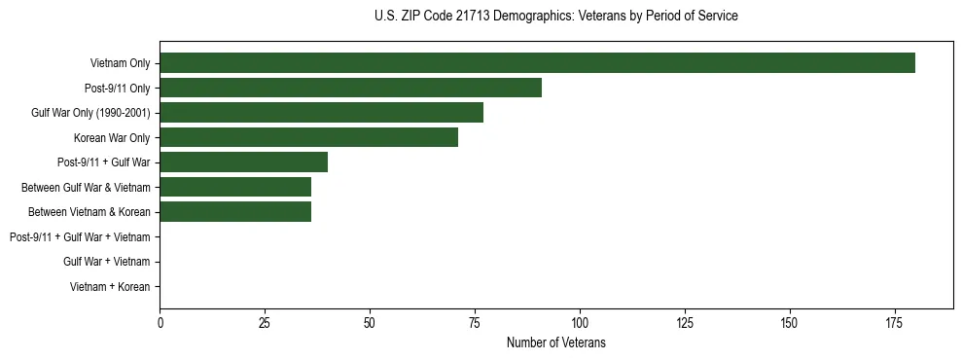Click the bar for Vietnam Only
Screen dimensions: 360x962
click(537, 63)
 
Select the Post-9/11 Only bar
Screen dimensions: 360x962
click(350, 88)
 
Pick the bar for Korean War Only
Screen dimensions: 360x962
click(308, 137)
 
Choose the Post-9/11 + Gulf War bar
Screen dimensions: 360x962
click(243, 162)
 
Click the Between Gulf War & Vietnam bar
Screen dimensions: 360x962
click(235, 187)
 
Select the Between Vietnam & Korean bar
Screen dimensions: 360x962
click(235, 212)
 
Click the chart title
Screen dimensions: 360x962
click(555, 17)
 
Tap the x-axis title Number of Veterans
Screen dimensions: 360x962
click(555, 342)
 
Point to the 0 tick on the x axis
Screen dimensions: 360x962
click(160, 322)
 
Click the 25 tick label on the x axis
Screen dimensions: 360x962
click(265, 322)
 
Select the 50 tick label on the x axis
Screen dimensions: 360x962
click(370, 322)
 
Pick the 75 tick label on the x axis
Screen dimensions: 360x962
click(475, 322)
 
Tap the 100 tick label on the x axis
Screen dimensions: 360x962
click(580, 322)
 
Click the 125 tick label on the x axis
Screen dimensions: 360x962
click(685, 322)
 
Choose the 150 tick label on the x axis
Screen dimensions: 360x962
click(790, 322)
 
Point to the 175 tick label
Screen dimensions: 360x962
click(894, 322)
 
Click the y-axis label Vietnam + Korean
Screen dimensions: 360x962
click(110, 287)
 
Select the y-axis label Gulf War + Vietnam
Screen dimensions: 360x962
click(106, 262)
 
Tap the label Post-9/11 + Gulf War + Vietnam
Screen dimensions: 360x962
click(80, 237)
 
